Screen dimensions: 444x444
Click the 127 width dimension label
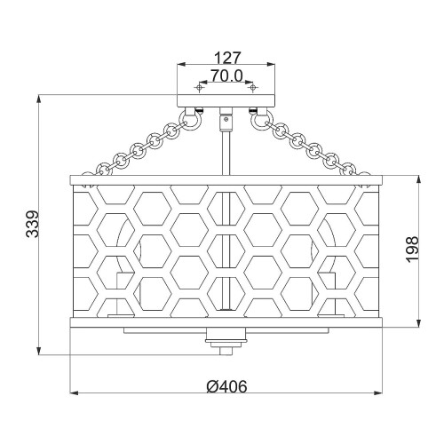[x=227, y=58]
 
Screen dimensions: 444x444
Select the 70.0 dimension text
[x=226, y=75]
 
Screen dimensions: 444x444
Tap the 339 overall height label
[x=32, y=224]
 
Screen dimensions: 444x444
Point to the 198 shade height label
[x=412, y=249]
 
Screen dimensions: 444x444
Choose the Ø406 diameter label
[x=226, y=386]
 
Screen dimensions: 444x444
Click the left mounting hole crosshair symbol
[x=200, y=87]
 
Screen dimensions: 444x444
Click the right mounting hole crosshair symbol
[x=253, y=87]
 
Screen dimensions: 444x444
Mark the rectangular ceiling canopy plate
[x=226, y=100]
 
